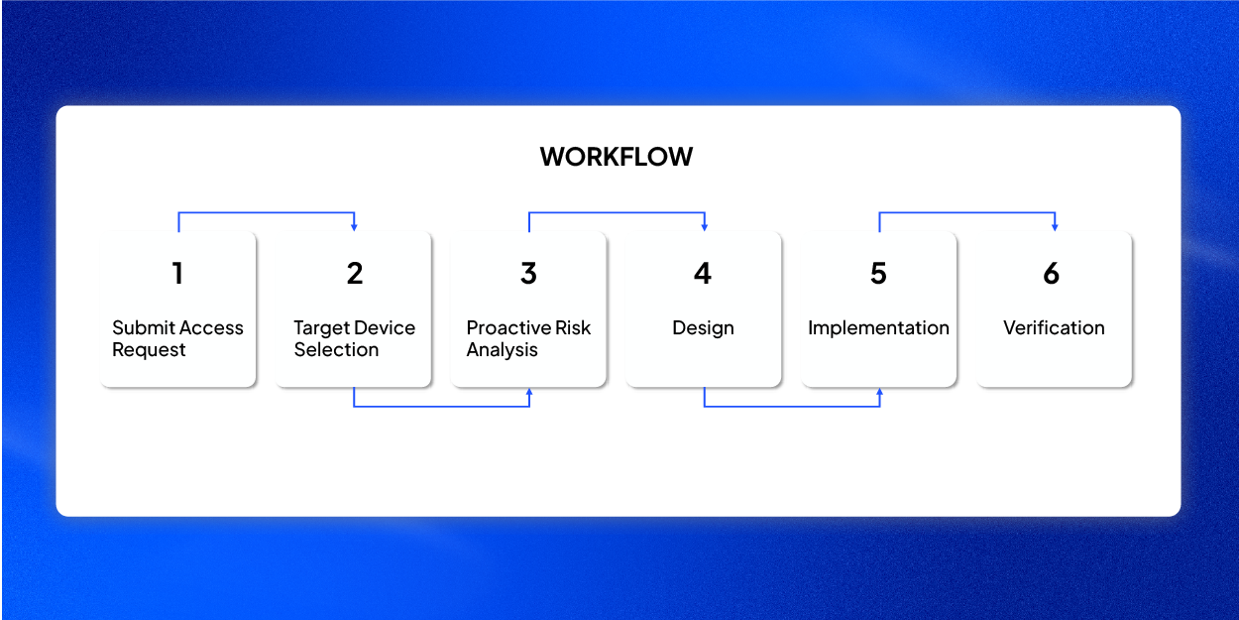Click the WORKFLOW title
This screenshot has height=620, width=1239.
(617, 157)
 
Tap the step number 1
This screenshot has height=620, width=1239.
(177, 273)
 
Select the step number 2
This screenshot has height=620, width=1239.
(355, 273)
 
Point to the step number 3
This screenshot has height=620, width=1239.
(528, 273)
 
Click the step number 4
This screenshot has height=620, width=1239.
(703, 273)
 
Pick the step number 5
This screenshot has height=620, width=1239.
(878, 273)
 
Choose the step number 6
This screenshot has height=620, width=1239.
(1052, 273)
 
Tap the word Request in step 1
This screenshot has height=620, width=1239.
(149, 350)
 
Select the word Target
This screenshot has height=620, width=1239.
(323, 328)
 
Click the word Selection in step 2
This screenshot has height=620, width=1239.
(336, 350)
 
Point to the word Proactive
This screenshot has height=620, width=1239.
(508, 327)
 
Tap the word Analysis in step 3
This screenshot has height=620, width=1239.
(503, 350)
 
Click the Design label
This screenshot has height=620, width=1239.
(703, 328)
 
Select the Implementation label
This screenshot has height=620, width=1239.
(878, 328)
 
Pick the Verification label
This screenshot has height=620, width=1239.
(1054, 327)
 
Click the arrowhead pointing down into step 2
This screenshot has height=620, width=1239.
(354, 227)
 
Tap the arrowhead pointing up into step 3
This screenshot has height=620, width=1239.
(529, 392)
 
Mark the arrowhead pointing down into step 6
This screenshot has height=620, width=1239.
(1055, 227)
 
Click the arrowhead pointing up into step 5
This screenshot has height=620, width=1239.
(880, 392)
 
